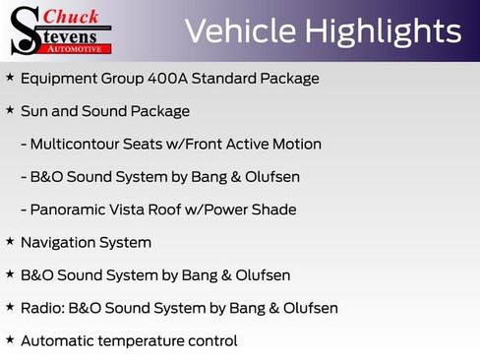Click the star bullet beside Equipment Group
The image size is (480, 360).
point(10,77)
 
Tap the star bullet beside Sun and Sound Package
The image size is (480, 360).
point(10,110)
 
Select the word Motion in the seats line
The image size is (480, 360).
point(295,144)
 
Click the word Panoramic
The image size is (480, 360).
point(70,210)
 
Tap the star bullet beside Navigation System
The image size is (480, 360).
point(10,241)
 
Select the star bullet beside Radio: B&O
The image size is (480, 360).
point(10,307)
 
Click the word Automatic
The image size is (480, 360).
point(58,341)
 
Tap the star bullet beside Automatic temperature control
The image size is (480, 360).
point(10,340)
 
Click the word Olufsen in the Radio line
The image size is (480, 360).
point(308,308)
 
